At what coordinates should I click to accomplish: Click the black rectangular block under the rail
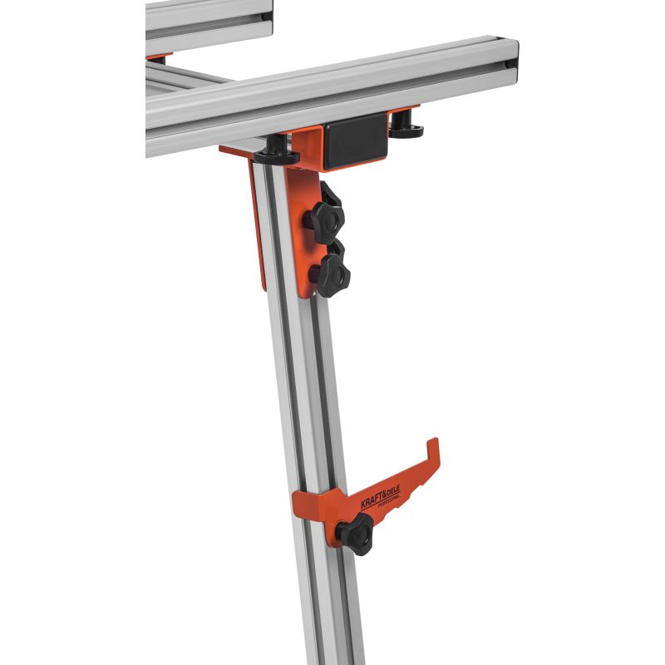click(x=356, y=141)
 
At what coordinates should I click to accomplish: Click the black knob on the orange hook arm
click(x=356, y=534)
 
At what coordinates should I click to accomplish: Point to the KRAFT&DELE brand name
click(x=380, y=496)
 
